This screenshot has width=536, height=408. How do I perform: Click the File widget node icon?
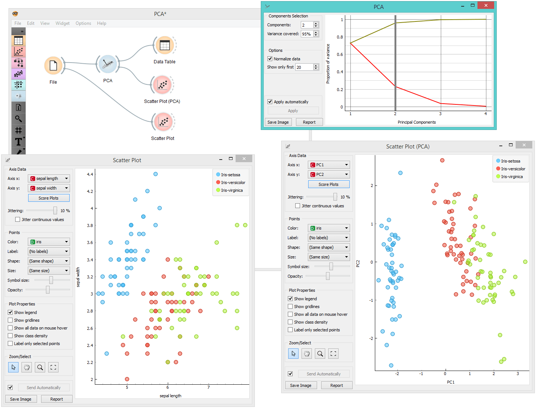[53, 66]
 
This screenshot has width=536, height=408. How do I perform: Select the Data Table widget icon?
[165, 46]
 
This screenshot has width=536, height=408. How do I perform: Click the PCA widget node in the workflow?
[108, 64]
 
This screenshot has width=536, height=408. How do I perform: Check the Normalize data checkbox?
[270, 59]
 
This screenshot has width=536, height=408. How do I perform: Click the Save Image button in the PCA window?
[278, 122]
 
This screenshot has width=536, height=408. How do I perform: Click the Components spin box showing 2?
[307, 25]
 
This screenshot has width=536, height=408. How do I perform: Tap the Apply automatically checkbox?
[270, 102]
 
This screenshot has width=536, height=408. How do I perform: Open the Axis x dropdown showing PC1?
[329, 165]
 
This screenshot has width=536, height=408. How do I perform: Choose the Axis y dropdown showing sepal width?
[49, 188]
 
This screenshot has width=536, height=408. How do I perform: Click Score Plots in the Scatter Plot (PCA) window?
[329, 184]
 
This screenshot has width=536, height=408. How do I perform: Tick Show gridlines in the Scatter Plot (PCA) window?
[290, 307]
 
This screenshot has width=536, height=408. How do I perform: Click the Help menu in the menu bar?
[101, 23]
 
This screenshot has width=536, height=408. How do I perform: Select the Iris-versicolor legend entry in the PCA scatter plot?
[513, 169]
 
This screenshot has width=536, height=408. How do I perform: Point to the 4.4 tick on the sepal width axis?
[90, 174]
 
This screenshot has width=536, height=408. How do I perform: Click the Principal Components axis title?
[417, 122]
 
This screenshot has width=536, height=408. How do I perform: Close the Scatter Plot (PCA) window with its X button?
[524, 145]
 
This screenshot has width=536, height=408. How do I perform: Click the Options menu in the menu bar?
[83, 23]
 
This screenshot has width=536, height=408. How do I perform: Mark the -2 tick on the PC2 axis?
[371, 338]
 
